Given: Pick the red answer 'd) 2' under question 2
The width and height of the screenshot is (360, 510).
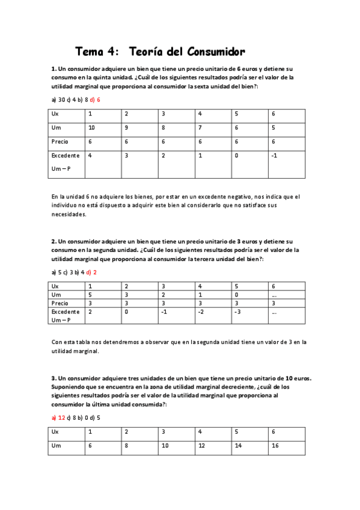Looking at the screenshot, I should click(x=91, y=272).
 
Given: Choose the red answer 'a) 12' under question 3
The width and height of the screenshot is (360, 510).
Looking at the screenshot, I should click(x=58, y=417).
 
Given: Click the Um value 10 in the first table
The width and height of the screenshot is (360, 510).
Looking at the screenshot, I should click(x=91, y=127).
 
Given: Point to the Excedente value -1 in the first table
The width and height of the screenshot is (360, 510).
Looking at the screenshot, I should click(x=274, y=156).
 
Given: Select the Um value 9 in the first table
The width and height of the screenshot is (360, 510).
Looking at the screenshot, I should click(x=126, y=127).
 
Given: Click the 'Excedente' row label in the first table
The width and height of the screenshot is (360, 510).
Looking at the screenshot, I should click(x=66, y=156).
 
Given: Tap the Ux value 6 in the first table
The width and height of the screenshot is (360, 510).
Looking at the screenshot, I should click(x=273, y=114).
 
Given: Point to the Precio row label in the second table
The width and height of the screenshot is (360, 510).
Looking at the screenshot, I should click(x=60, y=304).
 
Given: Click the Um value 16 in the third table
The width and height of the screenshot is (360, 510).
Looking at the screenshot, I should click(x=275, y=446).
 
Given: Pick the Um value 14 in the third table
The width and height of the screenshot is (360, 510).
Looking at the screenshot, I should click(x=238, y=446).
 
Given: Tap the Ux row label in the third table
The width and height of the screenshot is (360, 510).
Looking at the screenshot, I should click(x=55, y=432).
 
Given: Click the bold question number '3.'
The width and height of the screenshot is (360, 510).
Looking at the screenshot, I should click(x=53, y=378).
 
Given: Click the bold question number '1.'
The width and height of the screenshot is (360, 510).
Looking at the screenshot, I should click(x=53, y=69).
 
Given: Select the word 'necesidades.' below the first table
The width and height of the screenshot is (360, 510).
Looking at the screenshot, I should click(x=69, y=214).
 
